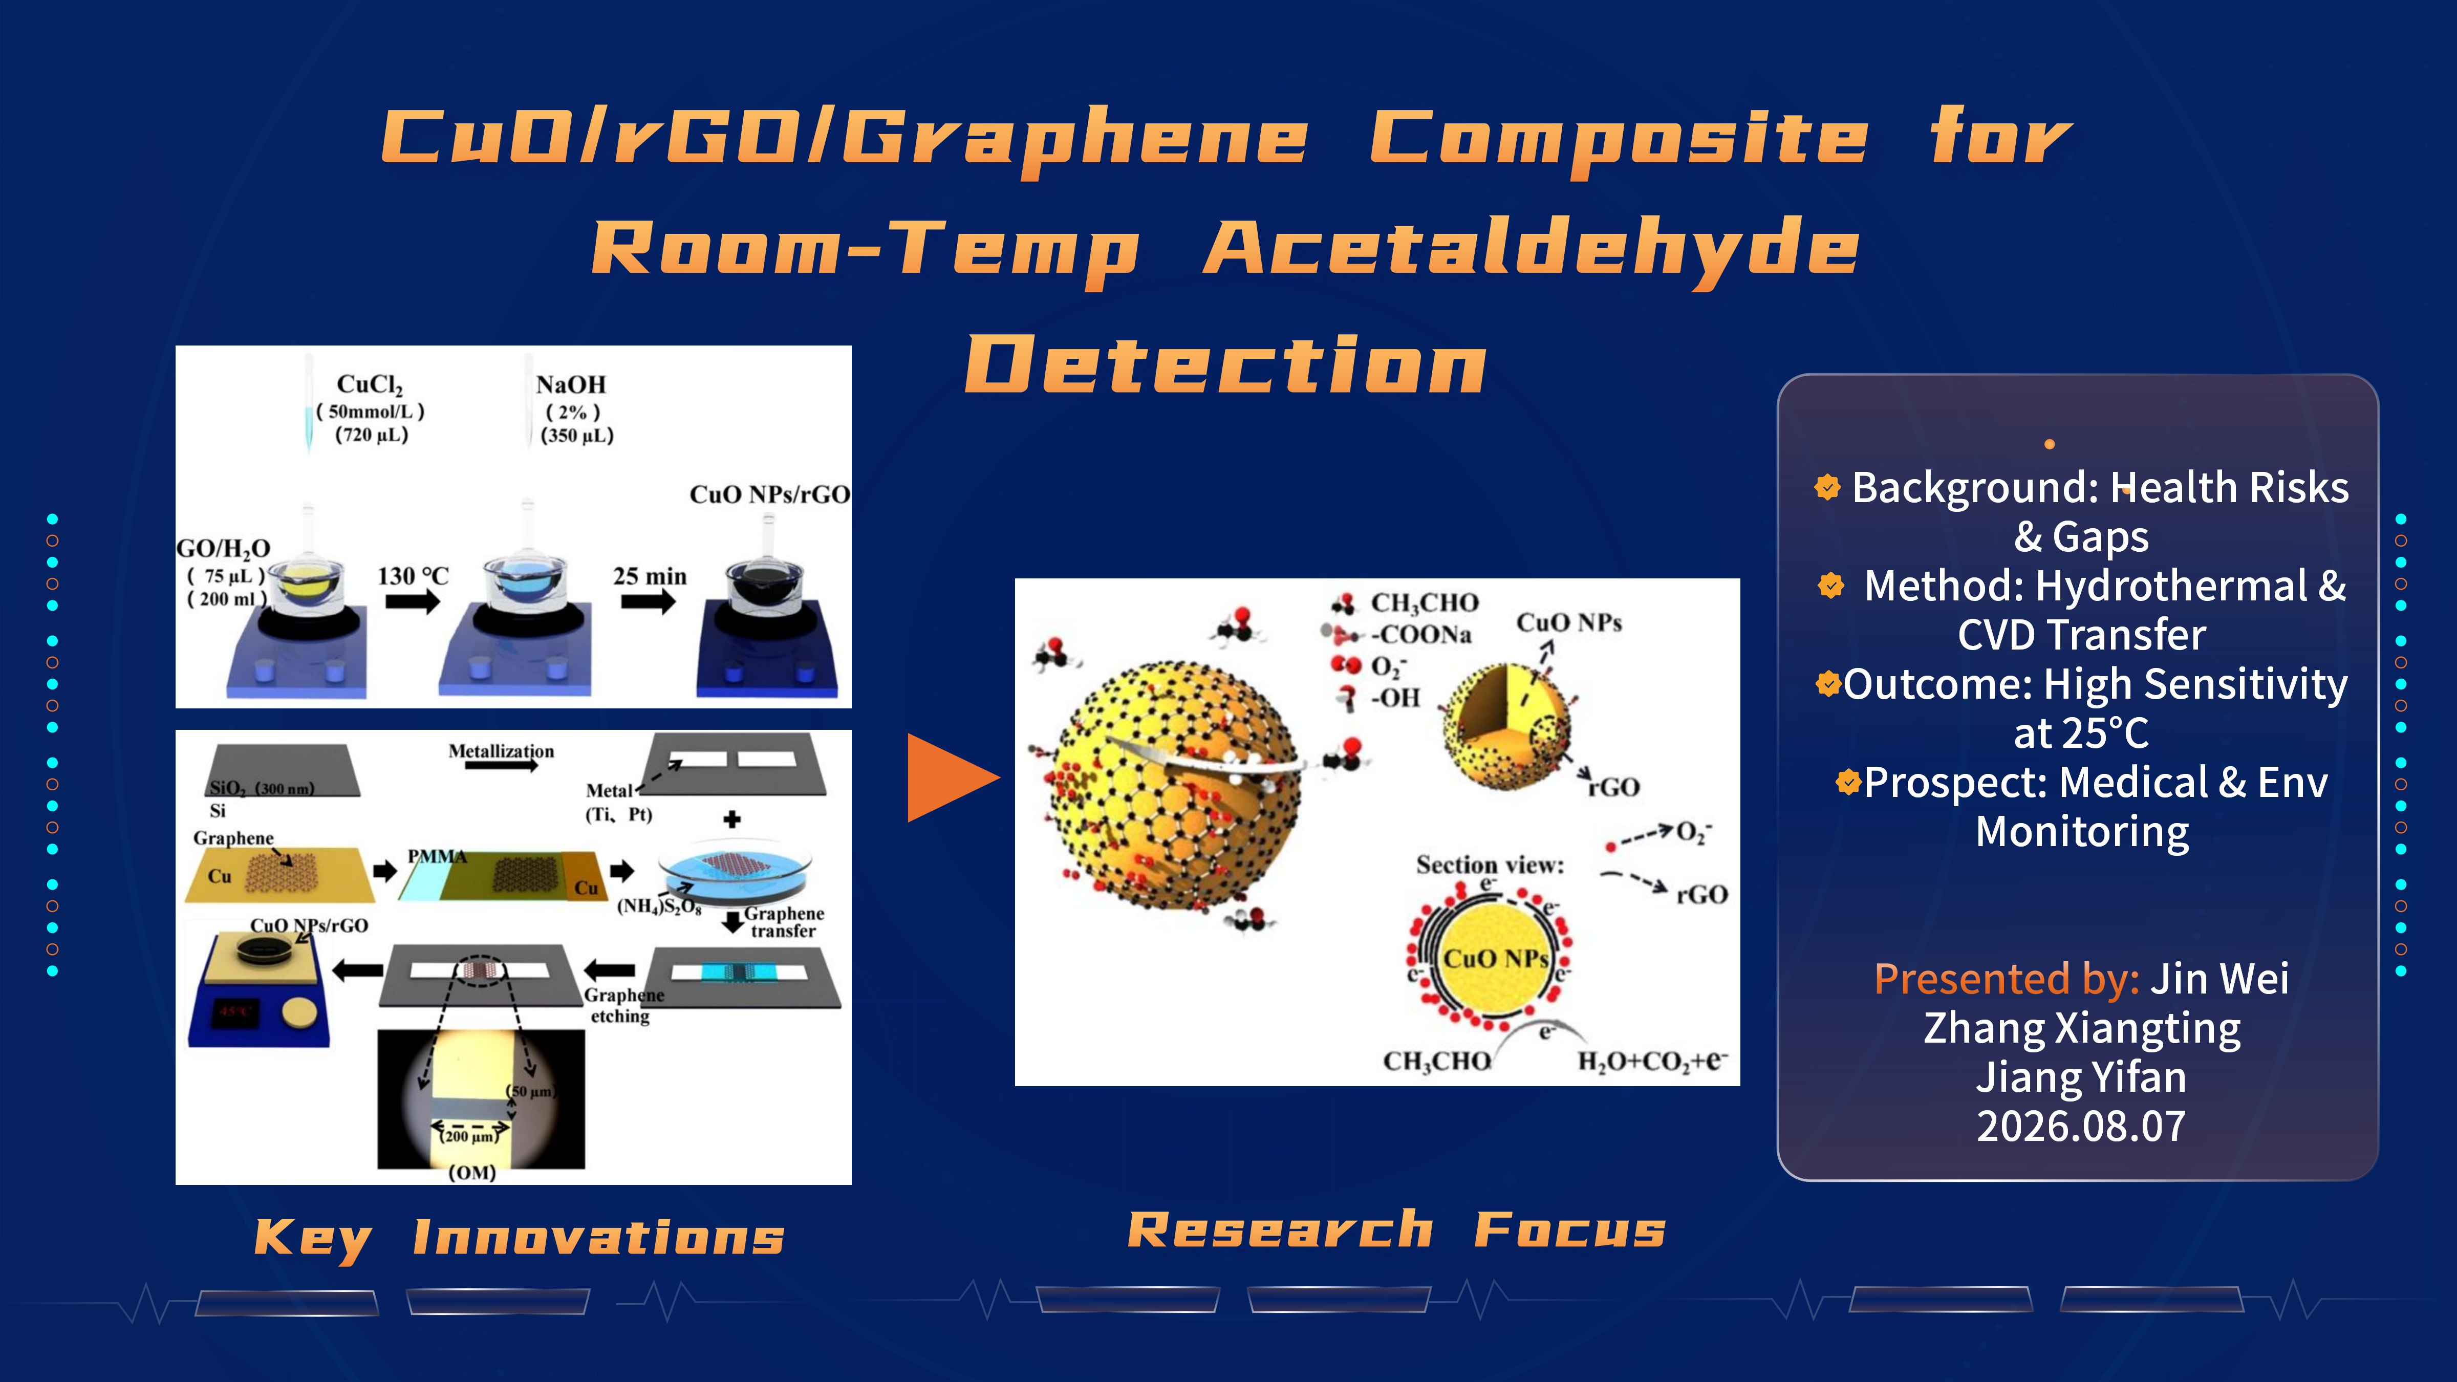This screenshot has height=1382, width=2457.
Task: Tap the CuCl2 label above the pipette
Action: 370,384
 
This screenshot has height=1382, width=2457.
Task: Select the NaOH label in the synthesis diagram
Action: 570,384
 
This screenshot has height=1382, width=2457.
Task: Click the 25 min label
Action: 650,576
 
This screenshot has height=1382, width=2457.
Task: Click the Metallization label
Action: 501,750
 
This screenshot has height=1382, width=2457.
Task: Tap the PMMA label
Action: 437,855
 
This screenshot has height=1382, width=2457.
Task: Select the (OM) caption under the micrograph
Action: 472,1172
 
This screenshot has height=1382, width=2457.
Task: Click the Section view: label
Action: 1490,865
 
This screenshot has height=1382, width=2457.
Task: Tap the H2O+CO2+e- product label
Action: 1652,1061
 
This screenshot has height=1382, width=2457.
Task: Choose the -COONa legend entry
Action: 1421,634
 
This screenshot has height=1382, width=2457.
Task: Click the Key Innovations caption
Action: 520,1238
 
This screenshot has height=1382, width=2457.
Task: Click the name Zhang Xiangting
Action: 2081,1028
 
